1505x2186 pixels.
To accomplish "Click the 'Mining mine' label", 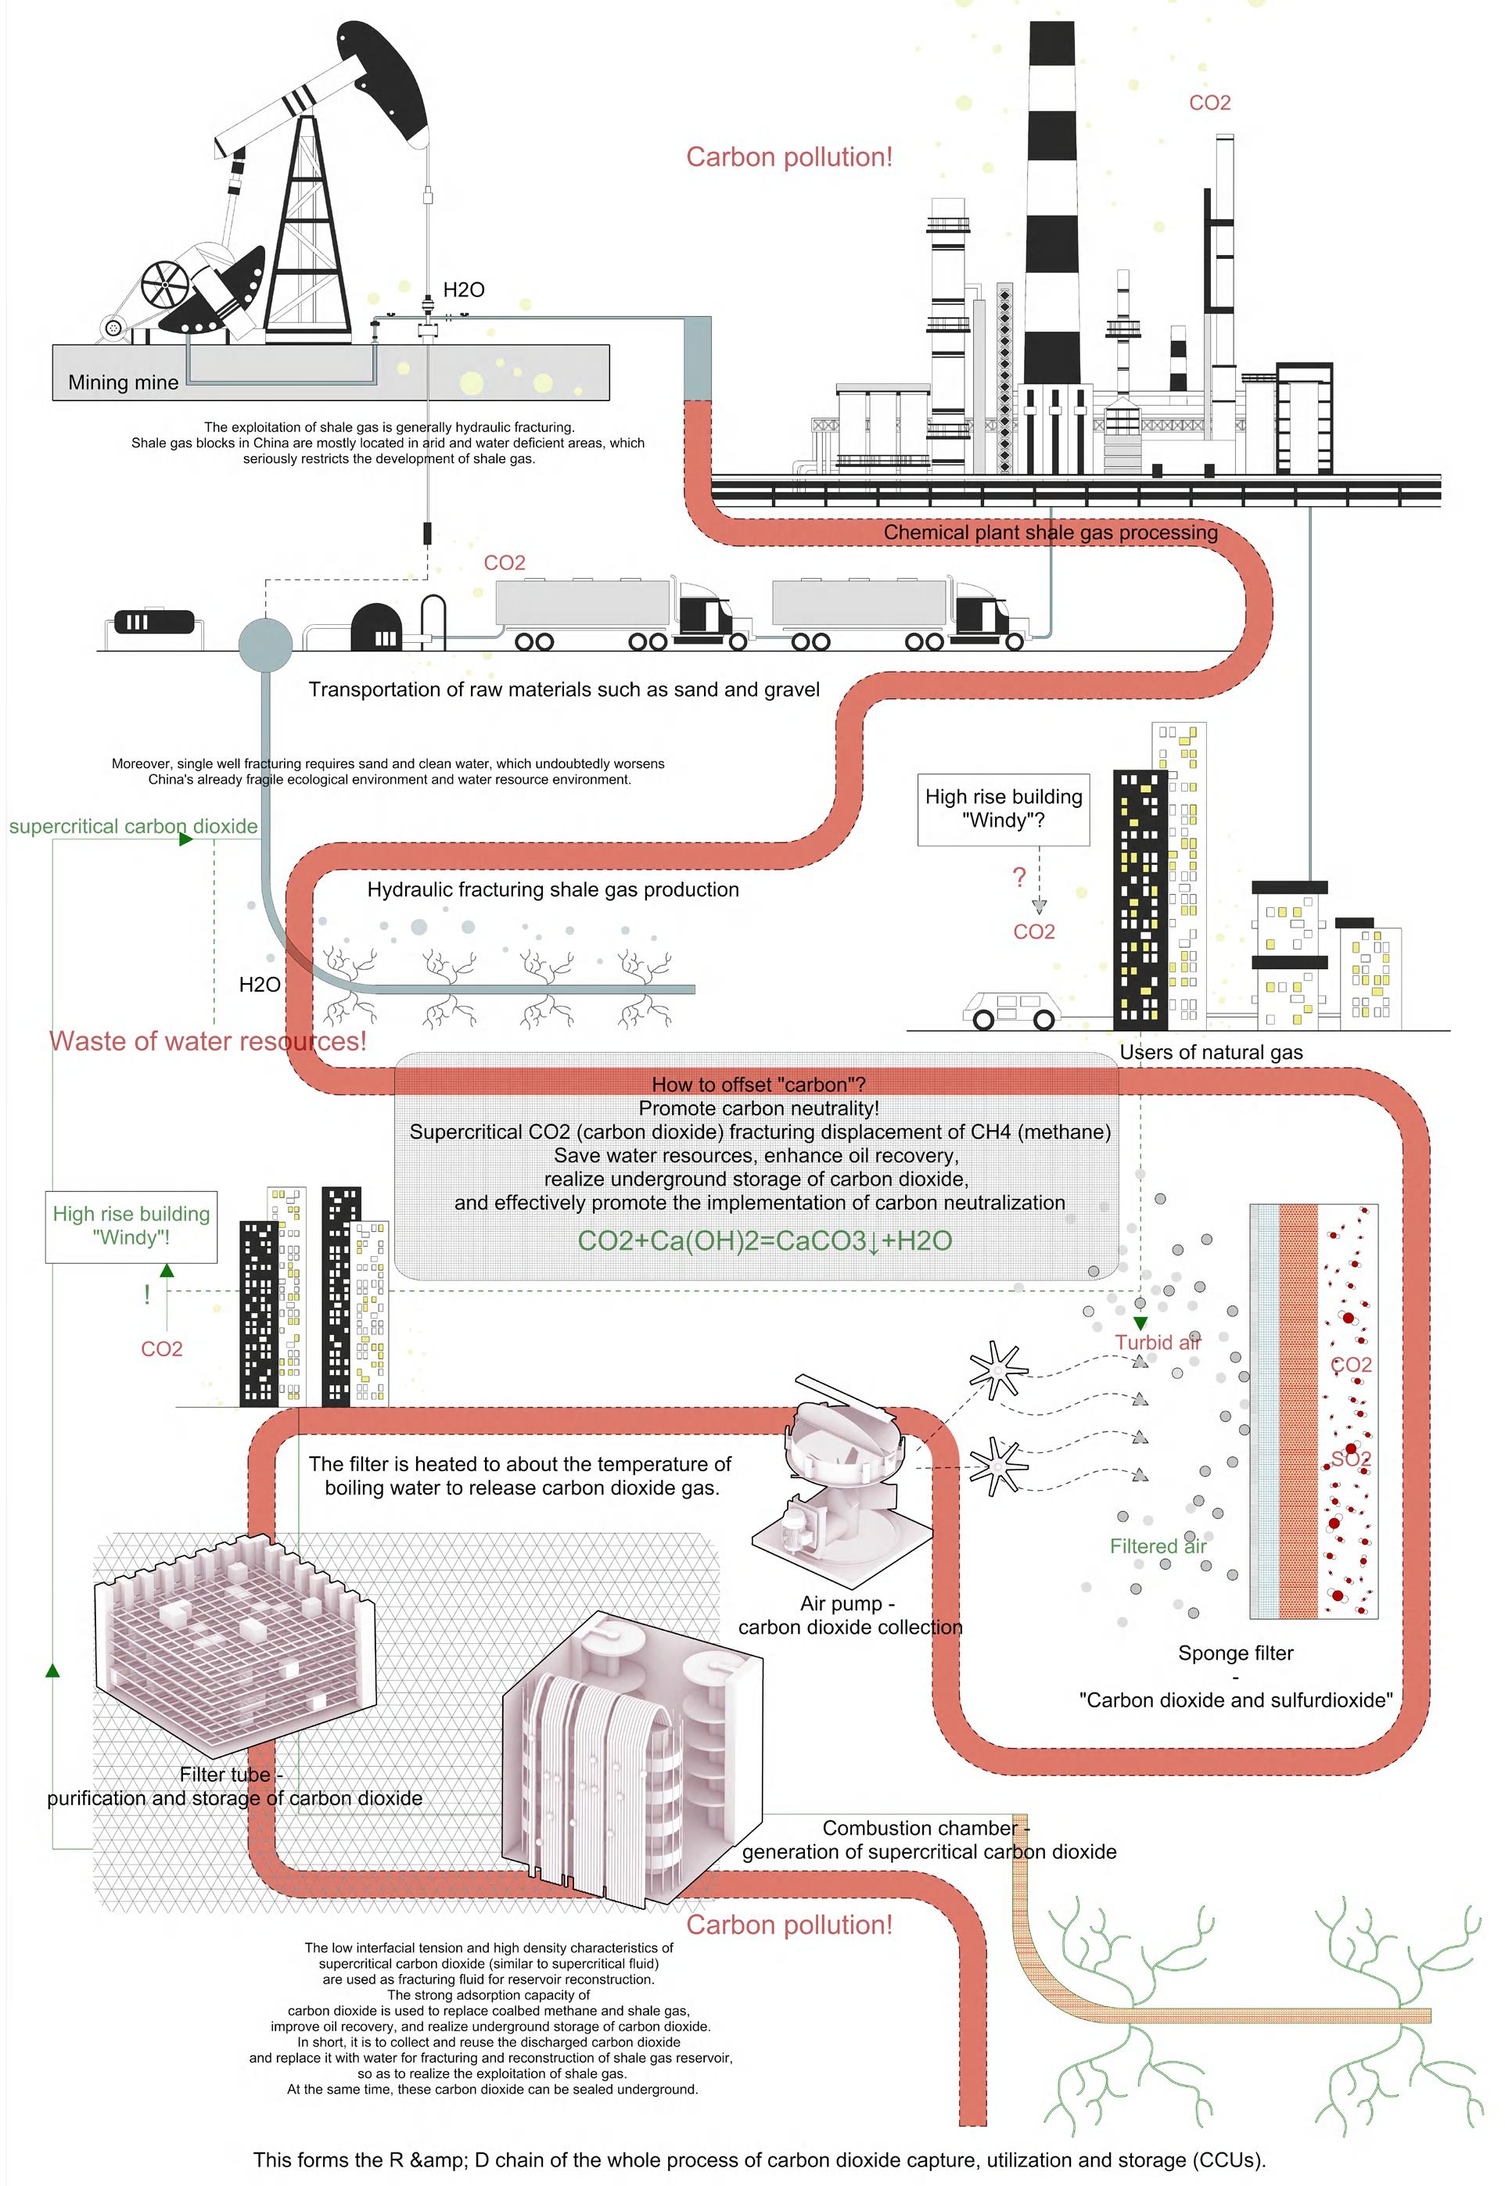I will pos(123,382).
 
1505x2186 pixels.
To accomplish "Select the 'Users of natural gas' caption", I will pos(1211,1053).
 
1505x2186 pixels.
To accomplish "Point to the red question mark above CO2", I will pos(1018,878).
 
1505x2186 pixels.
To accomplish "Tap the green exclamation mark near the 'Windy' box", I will pos(147,1294).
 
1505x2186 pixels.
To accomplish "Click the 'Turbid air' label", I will pos(1157,1342).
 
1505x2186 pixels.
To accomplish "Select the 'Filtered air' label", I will pos(1157,1546).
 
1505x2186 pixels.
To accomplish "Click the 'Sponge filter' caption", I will pos(1235,1653).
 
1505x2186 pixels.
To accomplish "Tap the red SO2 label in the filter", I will pos(1350,1459).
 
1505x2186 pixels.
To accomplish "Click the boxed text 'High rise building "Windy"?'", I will pos(1004,809).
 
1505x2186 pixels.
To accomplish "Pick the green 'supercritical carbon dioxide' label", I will pos(133,827).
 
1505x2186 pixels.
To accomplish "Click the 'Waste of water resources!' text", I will pos(207,1042).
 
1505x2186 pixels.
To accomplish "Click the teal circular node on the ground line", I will pos(265,643).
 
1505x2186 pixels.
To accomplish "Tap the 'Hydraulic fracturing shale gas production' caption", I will pos(552,890).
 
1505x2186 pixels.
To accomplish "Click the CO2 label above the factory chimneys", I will pos(1210,102).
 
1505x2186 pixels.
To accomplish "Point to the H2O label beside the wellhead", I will pos(464,290).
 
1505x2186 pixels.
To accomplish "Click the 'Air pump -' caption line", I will pos(847,1603).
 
